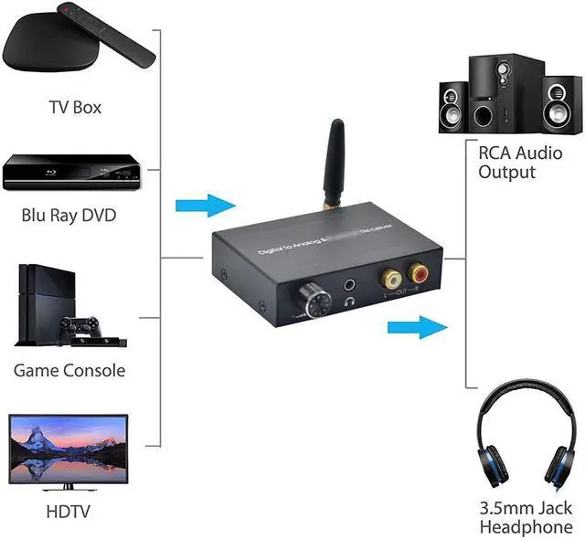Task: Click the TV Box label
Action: click(75, 108)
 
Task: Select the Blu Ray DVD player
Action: click(75, 172)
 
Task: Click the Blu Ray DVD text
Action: click(75, 217)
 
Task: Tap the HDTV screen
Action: click(69, 448)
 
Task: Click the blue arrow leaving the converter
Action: click(417, 327)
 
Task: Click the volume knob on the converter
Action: click(308, 298)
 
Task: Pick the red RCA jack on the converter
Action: click(420, 270)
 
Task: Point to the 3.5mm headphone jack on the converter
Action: click(350, 284)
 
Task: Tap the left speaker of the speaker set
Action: click(454, 109)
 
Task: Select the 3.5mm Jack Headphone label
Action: click(526, 517)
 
